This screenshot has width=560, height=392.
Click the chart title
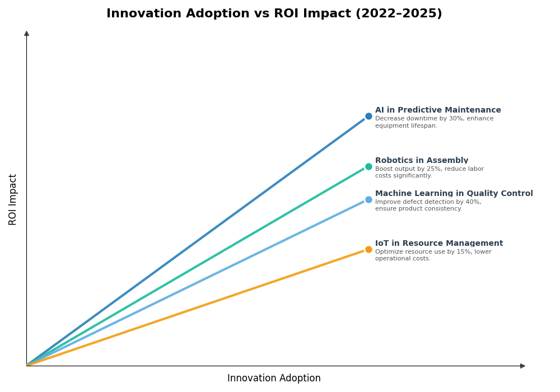274,14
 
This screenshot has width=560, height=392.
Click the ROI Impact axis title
13,199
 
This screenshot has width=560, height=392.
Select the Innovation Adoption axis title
274,379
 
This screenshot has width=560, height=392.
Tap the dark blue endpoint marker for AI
368,116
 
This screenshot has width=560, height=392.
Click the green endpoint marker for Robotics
368,166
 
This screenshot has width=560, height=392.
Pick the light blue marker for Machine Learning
368,199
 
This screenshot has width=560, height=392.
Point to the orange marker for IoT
368,249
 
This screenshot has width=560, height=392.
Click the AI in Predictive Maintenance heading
438,110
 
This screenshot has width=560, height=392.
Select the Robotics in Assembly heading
422,161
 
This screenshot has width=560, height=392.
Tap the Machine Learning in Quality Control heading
454,194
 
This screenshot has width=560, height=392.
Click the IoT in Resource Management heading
439,244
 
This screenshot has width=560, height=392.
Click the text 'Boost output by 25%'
409,169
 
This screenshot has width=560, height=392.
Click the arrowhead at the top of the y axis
26,34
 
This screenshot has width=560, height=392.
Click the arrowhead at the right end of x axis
522,366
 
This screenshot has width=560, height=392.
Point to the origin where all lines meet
27,366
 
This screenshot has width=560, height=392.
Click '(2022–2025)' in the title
399,14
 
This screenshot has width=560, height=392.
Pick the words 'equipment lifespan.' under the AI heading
406,126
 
